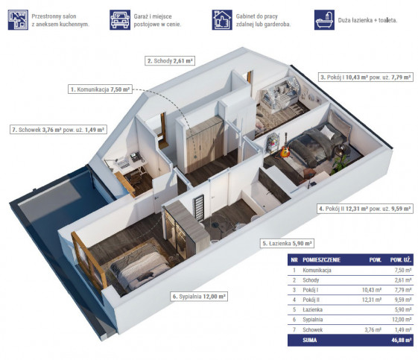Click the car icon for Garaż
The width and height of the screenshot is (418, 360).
120,20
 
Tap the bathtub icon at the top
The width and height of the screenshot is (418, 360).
324,20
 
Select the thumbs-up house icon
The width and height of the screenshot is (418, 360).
222,20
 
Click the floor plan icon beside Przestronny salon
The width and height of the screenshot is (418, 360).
18,20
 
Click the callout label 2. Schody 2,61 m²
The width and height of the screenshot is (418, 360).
170,61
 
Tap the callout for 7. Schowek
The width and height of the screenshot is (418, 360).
58,130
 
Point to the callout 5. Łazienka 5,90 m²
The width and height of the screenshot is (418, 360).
287,243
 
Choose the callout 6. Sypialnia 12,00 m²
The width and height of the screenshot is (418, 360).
199,296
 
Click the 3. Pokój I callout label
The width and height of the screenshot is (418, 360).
366,78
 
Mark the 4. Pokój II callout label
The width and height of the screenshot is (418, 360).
365,209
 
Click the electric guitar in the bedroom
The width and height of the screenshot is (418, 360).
285,149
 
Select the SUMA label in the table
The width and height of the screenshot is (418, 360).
309,341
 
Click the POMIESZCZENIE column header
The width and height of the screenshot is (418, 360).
321,259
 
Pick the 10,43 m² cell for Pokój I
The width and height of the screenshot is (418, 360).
372,290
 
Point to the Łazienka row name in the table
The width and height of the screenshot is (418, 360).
312,309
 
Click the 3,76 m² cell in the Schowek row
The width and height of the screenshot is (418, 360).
373,330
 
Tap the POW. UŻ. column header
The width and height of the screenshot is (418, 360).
401,259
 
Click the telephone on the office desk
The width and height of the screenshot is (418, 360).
136,157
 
